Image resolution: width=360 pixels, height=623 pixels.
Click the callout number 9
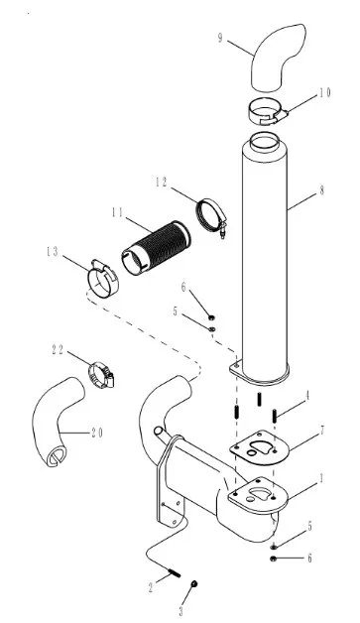tap(220, 38)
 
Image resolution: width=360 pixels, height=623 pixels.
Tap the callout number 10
tap(324, 93)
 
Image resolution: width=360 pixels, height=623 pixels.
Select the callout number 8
tap(321, 190)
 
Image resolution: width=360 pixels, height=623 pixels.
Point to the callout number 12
tap(162, 183)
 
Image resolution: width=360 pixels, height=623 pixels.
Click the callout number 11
tap(117, 212)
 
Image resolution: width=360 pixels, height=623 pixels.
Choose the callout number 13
tap(52, 252)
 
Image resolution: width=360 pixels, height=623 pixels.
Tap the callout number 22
tap(58, 349)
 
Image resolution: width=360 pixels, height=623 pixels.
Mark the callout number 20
tap(97, 433)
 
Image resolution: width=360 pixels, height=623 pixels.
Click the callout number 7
tap(322, 430)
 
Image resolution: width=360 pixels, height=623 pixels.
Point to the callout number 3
tap(181, 611)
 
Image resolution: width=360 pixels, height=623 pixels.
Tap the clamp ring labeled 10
tap(267, 111)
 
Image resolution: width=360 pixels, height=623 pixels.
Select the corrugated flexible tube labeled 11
tap(156, 248)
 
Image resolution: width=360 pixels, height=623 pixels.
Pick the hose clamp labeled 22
tap(101, 375)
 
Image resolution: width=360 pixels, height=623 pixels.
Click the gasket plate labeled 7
tap(257, 447)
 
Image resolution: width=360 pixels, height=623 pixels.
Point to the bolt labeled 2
tap(174, 573)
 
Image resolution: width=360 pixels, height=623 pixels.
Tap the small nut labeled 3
tap(194, 583)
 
